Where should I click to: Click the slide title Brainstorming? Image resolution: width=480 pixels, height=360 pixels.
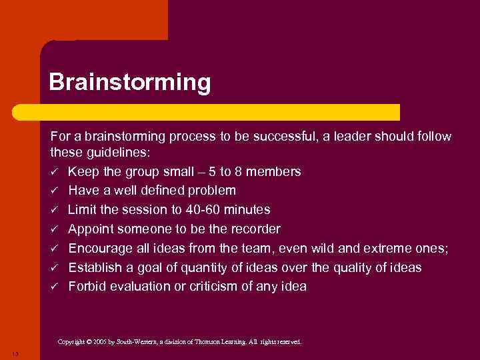pyautogui.click(x=129, y=83)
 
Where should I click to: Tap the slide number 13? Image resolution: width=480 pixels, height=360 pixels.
pyautogui.click(x=15, y=353)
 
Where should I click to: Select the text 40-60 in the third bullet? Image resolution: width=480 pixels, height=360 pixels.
pyautogui.click(x=201, y=210)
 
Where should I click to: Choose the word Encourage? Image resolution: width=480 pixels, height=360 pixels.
pyautogui.click(x=101, y=249)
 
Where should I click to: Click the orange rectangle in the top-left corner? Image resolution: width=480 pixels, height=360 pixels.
pyautogui.click(x=83, y=20)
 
